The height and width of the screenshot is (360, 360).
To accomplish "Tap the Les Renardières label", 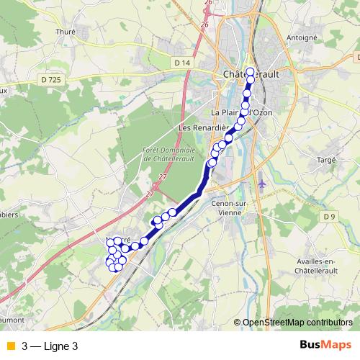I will tap(197, 128).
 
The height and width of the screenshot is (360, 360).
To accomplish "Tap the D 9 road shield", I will tap(329, 216).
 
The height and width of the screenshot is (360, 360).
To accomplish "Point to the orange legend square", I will tap(10, 346).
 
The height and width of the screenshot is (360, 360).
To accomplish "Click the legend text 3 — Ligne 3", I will tap(50, 346).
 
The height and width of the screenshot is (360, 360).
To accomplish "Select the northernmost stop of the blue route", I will tap(251, 72).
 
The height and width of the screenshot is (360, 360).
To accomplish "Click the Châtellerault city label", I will tap(250, 73).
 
